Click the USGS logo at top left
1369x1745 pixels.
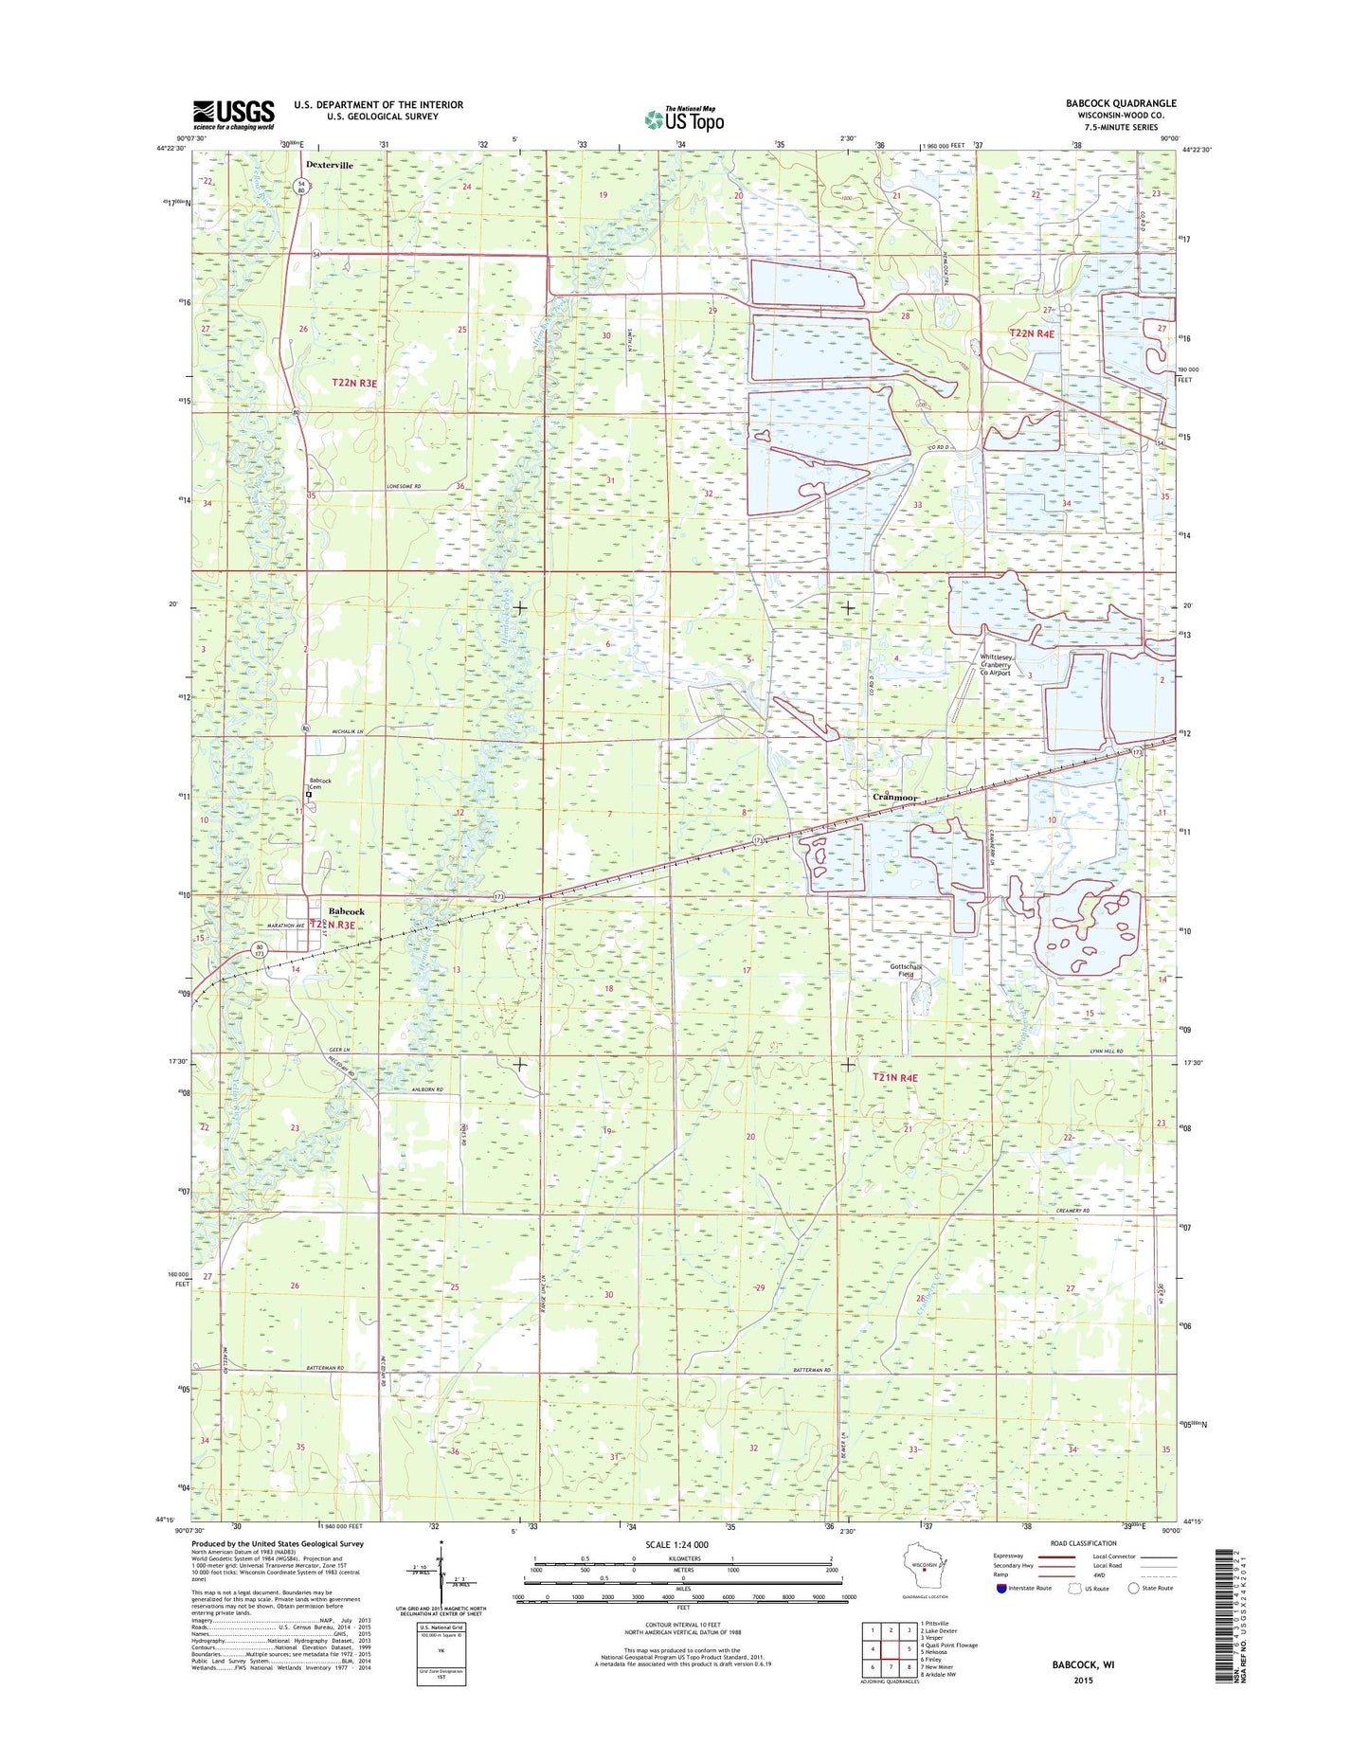coord(234,115)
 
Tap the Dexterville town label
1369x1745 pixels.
coord(330,165)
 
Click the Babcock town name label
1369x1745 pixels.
coord(346,911)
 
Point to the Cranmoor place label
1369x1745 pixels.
coord(894,798)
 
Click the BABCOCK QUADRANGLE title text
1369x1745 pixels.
coord(1120,103)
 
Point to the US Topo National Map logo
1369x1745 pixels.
coord(684,118)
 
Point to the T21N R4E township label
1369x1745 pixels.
coord(895,1078)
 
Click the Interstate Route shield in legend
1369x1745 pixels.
coord(1000,1589)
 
